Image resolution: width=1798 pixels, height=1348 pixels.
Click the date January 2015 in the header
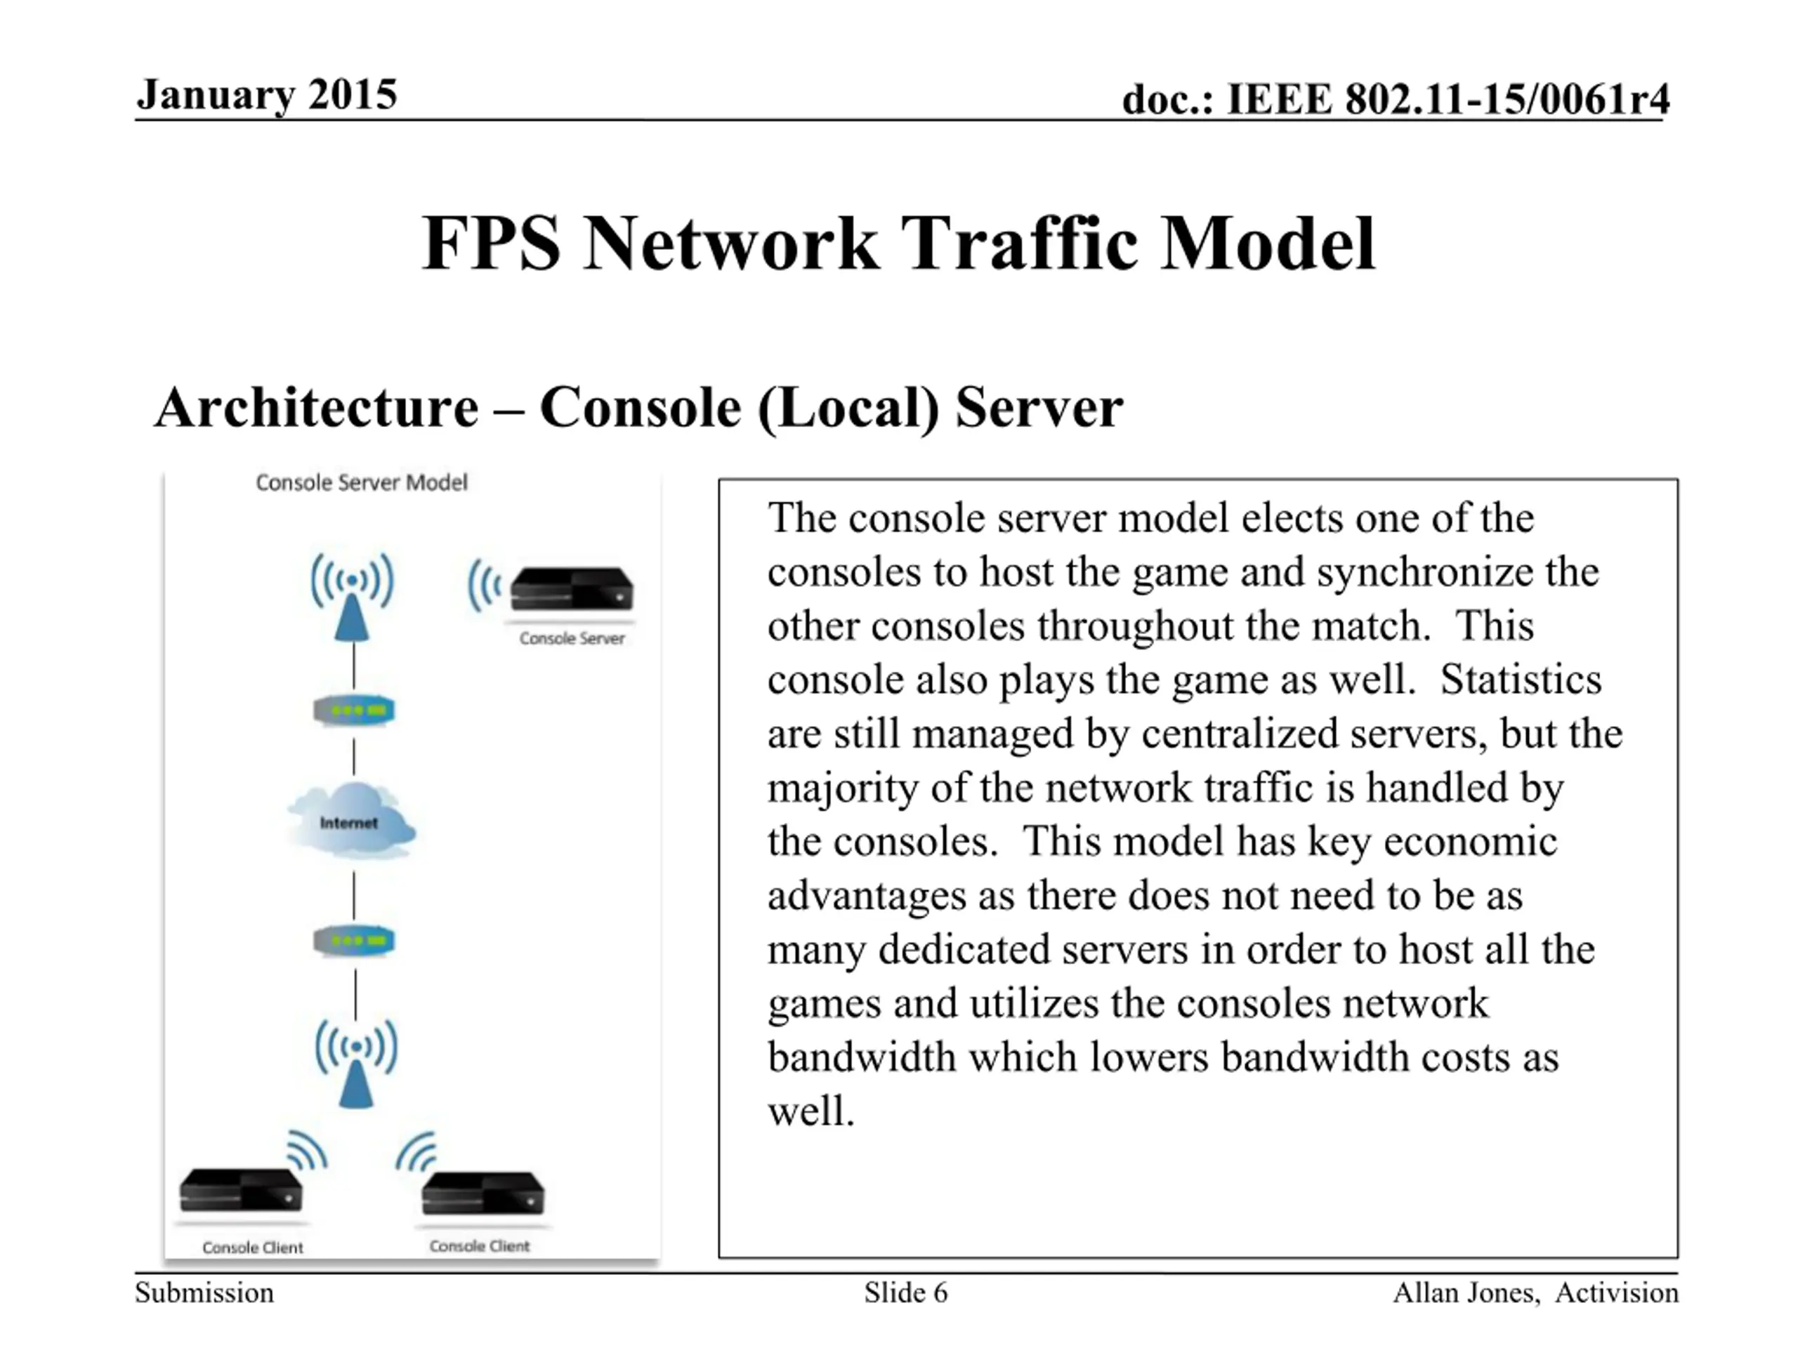tap(267, 95)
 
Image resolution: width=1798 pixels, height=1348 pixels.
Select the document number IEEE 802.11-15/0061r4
tap(1448, 100)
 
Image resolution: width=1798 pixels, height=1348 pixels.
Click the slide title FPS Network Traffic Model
tap(899, 243)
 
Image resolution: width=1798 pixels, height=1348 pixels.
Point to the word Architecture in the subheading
tap(317, 407)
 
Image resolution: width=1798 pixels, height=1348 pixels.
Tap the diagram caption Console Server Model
tap(362, 482)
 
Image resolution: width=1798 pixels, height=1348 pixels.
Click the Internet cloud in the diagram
tap(352, 821)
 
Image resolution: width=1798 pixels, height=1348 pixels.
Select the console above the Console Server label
tap(572, 589)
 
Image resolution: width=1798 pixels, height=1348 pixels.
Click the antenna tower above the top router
tap(353, 597)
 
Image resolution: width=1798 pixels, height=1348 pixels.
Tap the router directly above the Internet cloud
tap(353, 711)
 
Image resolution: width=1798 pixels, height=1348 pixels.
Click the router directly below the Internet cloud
tap(353, 941)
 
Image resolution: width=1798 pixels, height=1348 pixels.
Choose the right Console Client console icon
tap(483, 1194)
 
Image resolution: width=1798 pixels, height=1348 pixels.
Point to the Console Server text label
tap(572, 639)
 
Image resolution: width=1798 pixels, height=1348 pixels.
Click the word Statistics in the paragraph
tap(1521, 680)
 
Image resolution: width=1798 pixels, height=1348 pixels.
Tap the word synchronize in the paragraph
tap(1426, 572)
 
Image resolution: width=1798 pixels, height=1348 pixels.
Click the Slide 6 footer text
tap(905, 1292)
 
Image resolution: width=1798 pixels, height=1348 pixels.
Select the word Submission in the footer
tap(204, 1292)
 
